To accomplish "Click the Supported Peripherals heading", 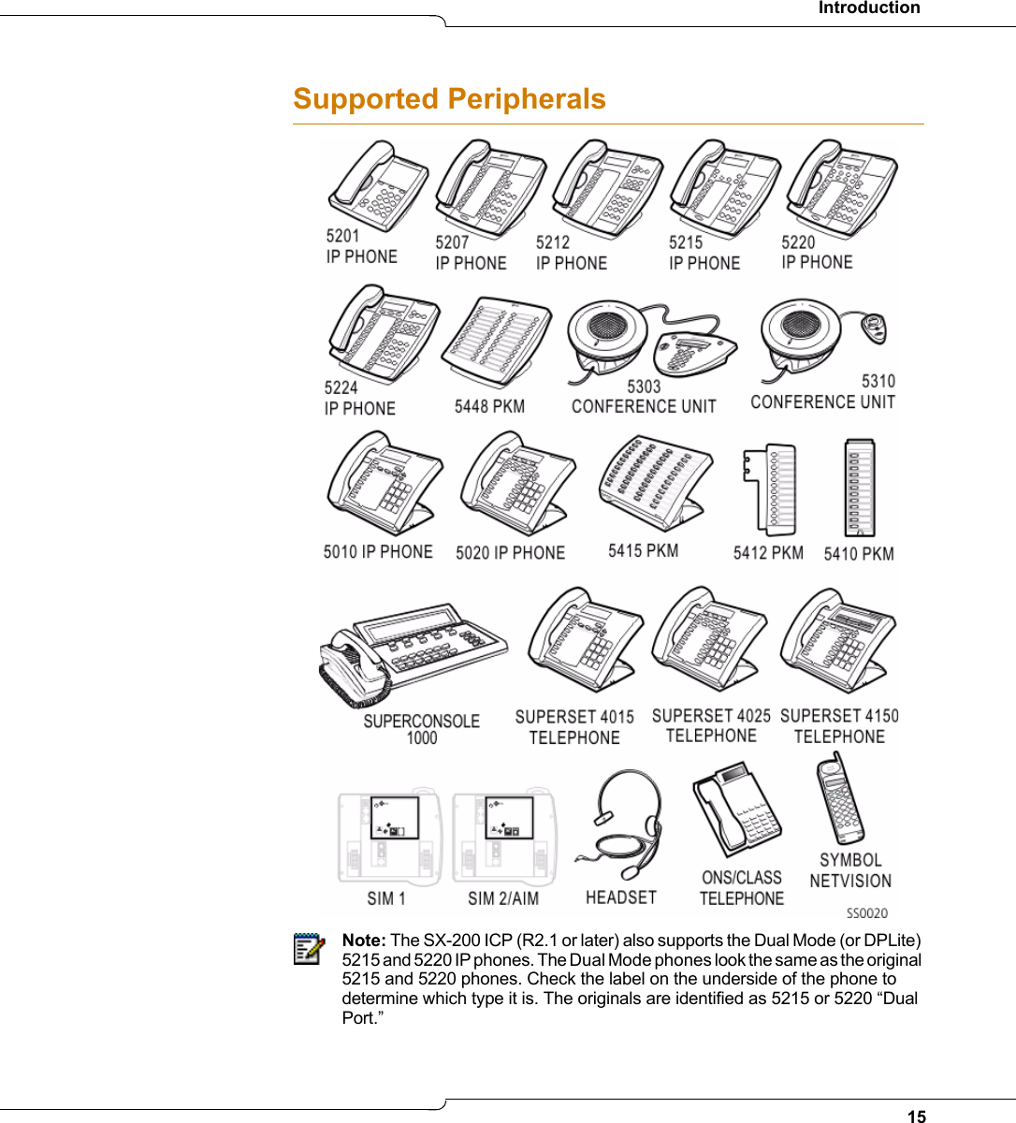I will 449,99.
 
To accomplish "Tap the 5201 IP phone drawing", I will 377,185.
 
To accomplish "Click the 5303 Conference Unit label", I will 644,397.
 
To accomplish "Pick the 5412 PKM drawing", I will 770,489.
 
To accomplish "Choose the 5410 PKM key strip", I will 859,489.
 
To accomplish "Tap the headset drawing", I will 625,824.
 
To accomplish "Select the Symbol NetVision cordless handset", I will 840,800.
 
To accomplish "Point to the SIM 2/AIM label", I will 503,898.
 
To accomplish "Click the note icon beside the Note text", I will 308,949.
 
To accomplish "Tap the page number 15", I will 917,1116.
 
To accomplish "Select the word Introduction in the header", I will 869,8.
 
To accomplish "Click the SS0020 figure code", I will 866,913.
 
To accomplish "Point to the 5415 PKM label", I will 643,551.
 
